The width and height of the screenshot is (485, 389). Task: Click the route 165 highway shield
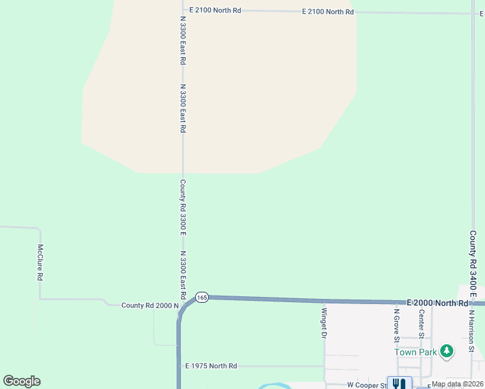202,297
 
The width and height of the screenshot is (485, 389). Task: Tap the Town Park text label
416,352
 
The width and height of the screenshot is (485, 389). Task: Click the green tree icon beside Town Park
446,351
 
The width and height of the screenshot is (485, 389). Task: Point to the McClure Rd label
40,263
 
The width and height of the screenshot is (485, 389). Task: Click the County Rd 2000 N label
150,305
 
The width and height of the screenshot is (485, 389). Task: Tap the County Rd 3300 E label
183,207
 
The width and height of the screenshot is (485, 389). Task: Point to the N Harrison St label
472,331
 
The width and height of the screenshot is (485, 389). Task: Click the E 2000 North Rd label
437,303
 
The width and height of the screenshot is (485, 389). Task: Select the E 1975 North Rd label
211,366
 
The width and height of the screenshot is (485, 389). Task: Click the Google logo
22,381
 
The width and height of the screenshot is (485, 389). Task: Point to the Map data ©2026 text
457,384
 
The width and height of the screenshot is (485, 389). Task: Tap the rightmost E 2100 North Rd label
328,12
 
